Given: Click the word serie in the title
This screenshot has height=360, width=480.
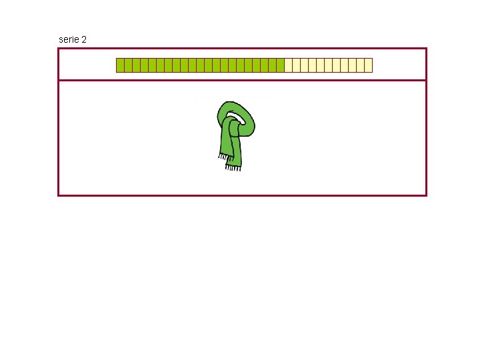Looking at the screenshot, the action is pyautogui.click(x=68, y=39).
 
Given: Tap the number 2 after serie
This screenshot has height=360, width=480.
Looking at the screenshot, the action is pyautogui.click(x=83, y=39).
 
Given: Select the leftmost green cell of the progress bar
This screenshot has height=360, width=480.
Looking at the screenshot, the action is pyautogui.click(x=120, y=65).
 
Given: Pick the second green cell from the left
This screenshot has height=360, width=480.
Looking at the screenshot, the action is pyautogui.click(x=128, y=65).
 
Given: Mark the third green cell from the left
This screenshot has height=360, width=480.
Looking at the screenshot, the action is pyautogui.click(x=136, y=65).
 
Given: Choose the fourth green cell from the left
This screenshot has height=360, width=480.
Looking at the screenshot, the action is pyautogui.click(x=144, y=65).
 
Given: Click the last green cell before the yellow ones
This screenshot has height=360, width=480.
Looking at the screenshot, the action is pyautogui.click(x=280, y=65).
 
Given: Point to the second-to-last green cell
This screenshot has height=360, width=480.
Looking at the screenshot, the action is pyautogui.click(x=272, y=65).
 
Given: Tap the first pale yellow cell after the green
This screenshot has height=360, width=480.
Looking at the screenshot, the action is pyautogui.click(x=288, y=65).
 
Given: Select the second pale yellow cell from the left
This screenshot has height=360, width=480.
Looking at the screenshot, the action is pyautogui.click(x=296, y=65).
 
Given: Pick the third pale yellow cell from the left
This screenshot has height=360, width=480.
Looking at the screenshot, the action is pyautogui.click(x=304, y=65).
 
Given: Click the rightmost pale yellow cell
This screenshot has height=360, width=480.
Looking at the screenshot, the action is pyautogui.click(x=368, y=65).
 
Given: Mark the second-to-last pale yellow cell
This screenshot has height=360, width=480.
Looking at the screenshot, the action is pyautogui.click(x=360, y=65).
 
